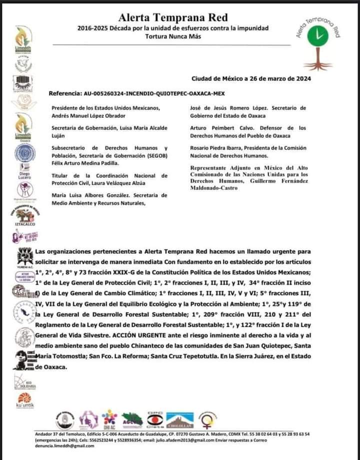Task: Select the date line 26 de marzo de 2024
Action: tap(251, 78)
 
